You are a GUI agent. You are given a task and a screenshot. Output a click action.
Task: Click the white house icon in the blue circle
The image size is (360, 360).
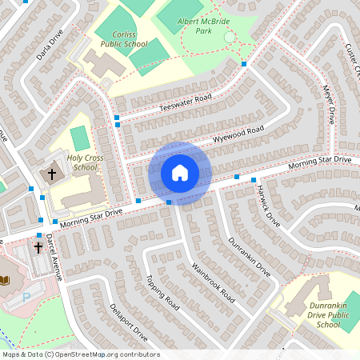tap(180, 172)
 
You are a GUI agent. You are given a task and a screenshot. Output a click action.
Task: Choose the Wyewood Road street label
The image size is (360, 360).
tap(238, 134)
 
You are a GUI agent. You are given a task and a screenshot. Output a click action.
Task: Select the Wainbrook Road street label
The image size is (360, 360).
tap(214, 281)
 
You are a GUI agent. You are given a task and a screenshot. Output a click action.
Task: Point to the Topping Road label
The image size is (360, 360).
tap(162, 292)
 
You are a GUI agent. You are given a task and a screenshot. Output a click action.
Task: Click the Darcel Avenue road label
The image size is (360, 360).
tap(53, 256)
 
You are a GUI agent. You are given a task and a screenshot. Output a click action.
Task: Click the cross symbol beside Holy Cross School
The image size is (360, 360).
tap(53, 173)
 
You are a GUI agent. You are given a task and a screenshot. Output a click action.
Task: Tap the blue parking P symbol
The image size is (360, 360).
tap(26, 296)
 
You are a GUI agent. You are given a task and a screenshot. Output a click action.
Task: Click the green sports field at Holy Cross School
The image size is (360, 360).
tap(78, 137)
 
